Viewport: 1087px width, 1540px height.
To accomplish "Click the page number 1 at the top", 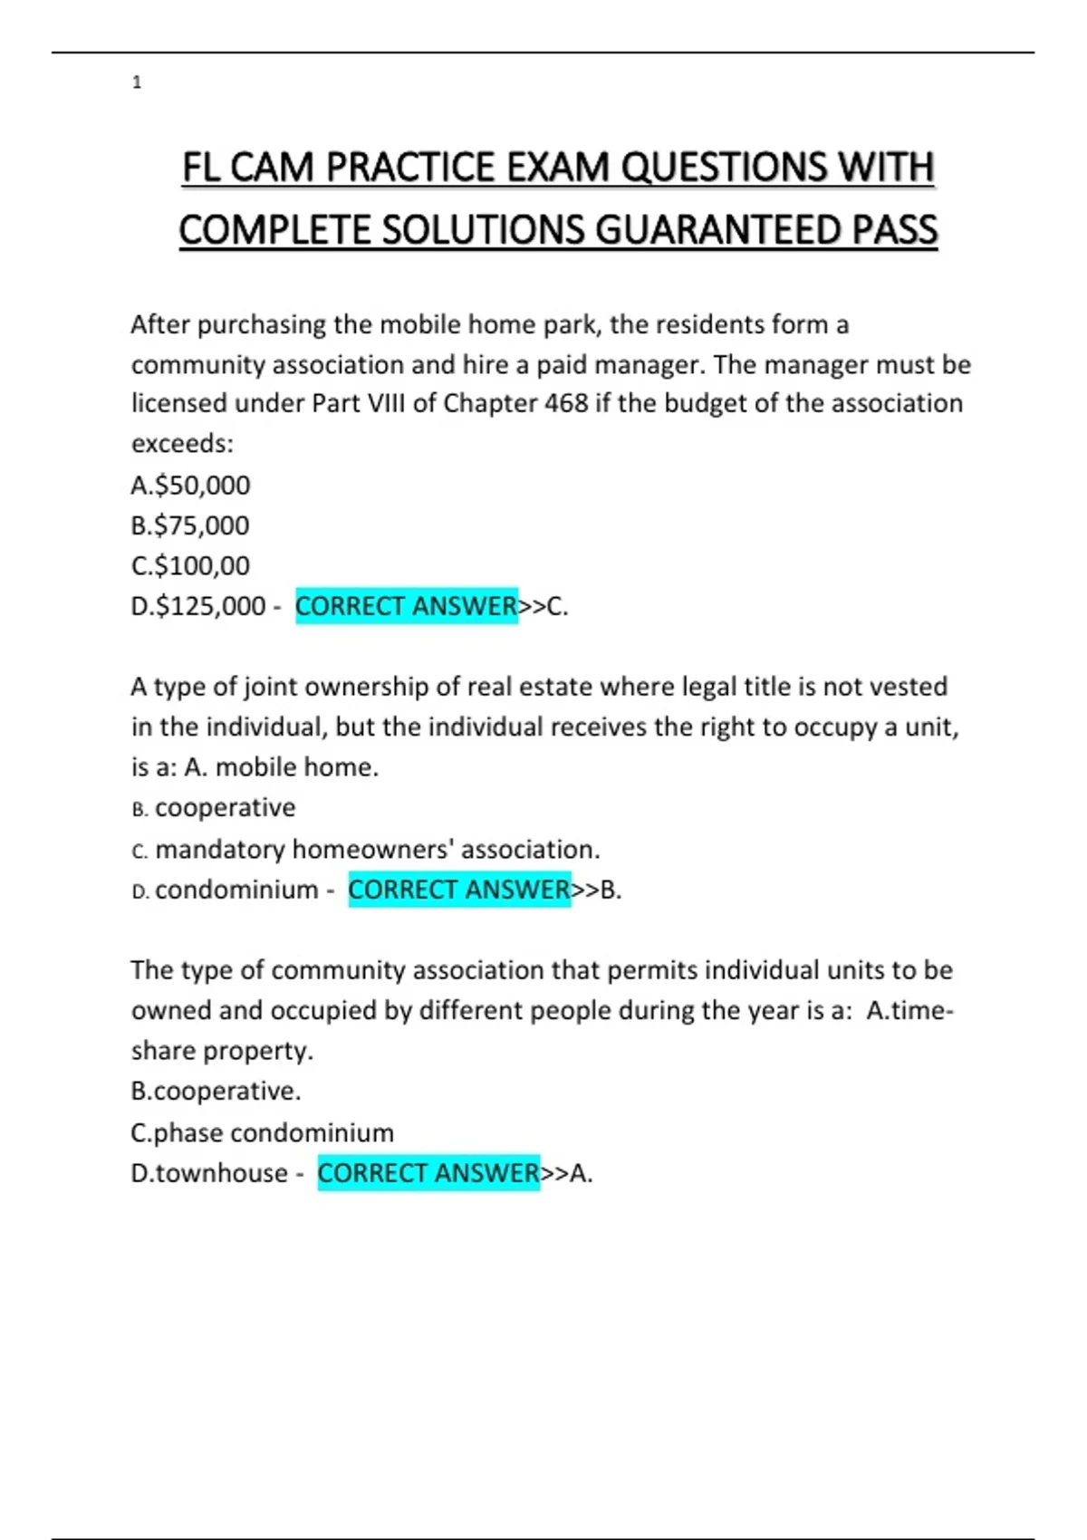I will [137, 82].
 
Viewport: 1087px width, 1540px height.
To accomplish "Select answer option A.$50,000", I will [190, 486].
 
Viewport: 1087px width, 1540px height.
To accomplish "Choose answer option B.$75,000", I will [190, 525].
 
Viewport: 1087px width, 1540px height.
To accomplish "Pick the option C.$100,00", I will [190, 566].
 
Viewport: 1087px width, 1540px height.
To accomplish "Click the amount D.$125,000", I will [198, 606].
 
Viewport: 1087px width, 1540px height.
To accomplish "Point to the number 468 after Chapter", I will [566, 403].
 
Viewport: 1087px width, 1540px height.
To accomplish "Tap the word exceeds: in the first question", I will [182, 444].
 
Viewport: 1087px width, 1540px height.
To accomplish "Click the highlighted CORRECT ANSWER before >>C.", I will [406, 606].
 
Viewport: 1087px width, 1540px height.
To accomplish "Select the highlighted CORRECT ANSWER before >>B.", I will [459, 890].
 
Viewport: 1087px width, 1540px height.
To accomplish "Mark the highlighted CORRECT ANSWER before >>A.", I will [428, 1173].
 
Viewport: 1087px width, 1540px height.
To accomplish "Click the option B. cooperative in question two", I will [214, 808].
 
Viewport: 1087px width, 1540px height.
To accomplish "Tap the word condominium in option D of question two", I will [236, 890].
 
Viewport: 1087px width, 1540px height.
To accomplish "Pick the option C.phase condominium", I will [263, 1132].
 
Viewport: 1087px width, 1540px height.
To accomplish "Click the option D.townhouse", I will [209, 1173].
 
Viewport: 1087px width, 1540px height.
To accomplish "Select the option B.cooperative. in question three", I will [216, 1092].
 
